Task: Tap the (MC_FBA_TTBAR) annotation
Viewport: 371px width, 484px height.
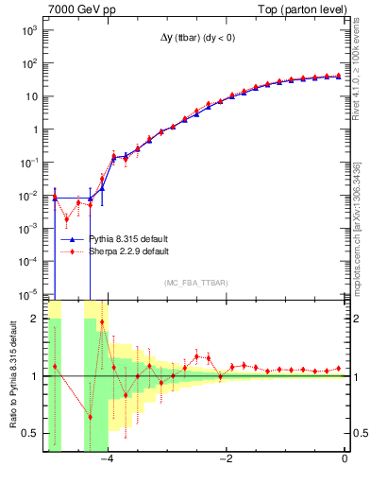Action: [195, 283]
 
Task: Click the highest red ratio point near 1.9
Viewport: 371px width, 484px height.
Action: [102, 322]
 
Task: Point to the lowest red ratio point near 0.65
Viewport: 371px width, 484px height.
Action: [91, 417]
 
